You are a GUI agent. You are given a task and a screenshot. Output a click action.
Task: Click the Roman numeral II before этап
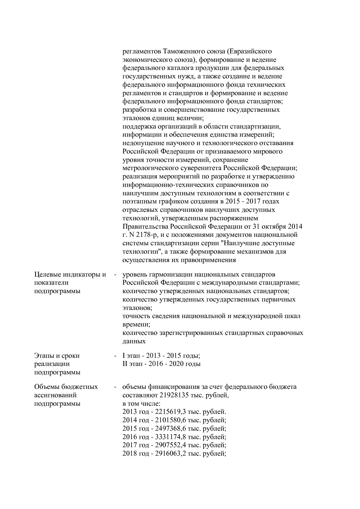[125, 364]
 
